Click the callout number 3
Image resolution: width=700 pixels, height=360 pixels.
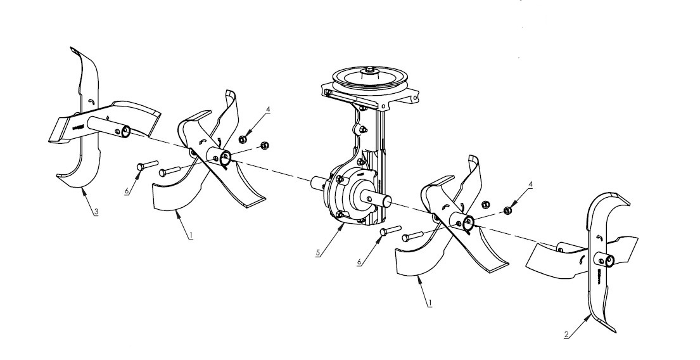pyautogui.click(x=96, y=212)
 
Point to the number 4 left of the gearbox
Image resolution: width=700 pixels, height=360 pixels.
pyautogui.click(x=269, y=110)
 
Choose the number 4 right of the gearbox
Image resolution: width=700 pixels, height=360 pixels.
pyautogui.click(x=531, y=185)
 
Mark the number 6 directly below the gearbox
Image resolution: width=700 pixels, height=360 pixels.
pyautogui.click(x=360, y=261)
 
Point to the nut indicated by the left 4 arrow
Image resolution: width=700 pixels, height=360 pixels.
pyautogui.click(x=243, y=139)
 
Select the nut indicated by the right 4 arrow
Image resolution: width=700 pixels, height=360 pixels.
pyautogui.click(x=507, y=210)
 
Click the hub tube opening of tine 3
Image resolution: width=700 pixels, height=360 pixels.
pyautogui.click(x=126, y=132)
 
